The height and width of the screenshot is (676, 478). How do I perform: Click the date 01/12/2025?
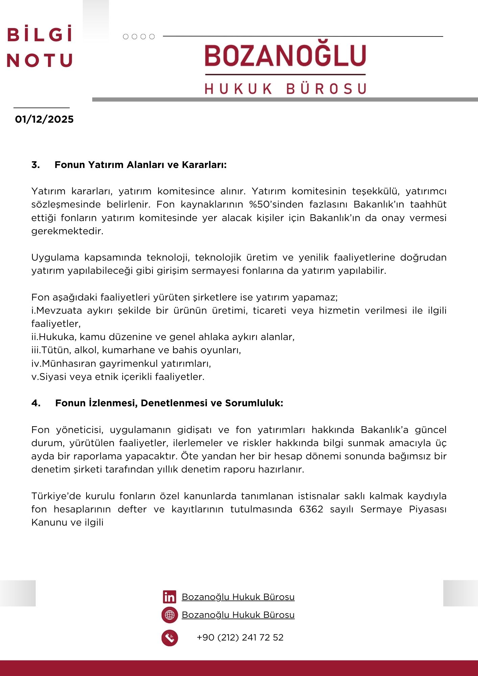pos(44,119)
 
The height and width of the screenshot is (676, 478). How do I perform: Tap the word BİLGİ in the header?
pos(40,35)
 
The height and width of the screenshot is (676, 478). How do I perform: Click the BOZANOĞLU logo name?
pos(285,56)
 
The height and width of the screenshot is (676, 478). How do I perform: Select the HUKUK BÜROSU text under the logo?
pos(285,89)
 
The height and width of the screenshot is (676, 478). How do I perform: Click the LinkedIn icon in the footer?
pos(169,597)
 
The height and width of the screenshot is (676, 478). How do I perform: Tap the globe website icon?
pos(169,615)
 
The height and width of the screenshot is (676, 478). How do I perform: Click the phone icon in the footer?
pos(169,638)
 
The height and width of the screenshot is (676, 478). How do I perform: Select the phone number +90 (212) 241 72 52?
pos(240,637)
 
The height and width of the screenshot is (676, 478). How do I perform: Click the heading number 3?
pos(35,165)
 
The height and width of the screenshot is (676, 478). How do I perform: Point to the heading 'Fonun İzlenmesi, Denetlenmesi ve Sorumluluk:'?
pos(169,403)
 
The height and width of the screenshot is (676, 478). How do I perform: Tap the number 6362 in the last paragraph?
pos(311,509)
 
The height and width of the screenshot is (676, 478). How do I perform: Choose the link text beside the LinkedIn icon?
pos(238,597)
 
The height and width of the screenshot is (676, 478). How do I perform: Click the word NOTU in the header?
pos(40,61)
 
